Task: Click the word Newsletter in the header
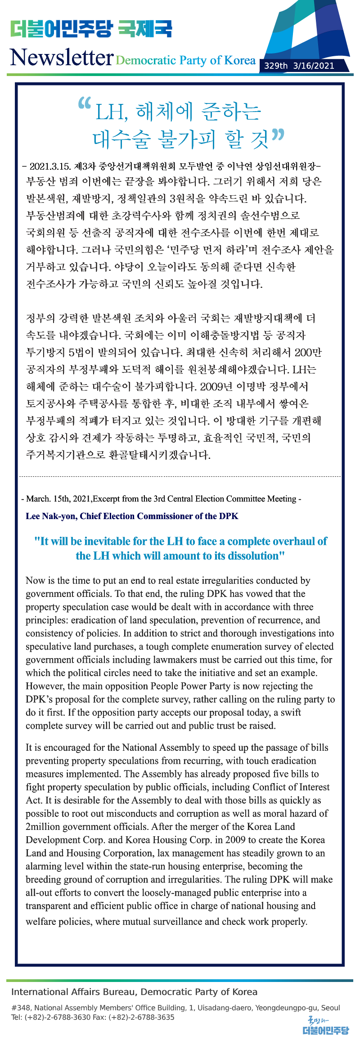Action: pyautogui.click(x=62, y=58)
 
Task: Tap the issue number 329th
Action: pyautogui.click(x=275, y=66)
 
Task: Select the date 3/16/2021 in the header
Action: pyautogui.click(x=314, y=66)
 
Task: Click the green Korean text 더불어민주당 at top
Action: pyautogui.click(x=61, y=29)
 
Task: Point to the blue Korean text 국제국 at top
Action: pyautogui.click(x=145, y=29)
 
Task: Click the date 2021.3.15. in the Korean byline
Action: pyautogui.click(x=50, y=166)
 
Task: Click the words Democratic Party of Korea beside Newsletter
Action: pyautogui.click(x=185, y=60)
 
